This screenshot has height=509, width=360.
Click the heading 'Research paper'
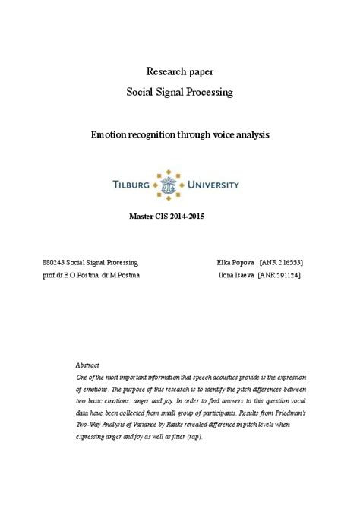coord(180,71)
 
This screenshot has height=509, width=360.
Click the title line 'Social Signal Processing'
coord(180,92)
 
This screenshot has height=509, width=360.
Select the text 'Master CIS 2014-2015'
coord(168,217)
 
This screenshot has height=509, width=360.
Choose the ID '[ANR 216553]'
coord(282,261)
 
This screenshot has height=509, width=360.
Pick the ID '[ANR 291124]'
coord(279,273)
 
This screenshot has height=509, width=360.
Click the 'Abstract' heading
coord(88,365)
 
